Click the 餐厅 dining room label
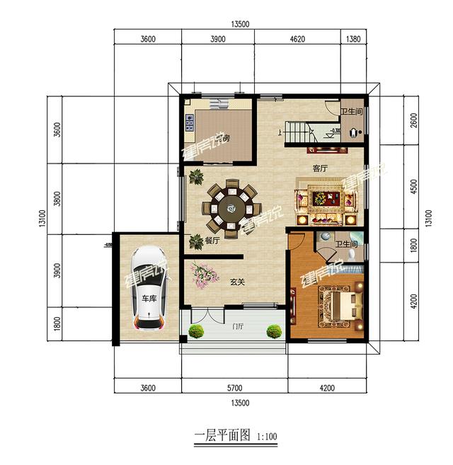tap(212, 241)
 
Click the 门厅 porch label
tap(238, 326)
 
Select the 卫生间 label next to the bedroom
tap(347, 245)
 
